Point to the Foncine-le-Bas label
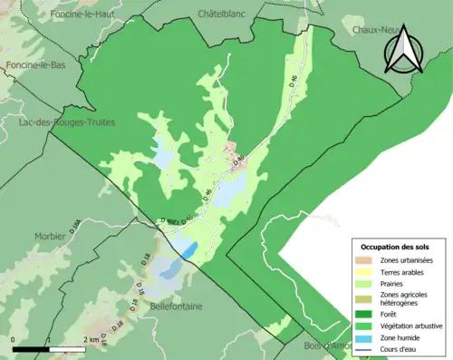34,66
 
